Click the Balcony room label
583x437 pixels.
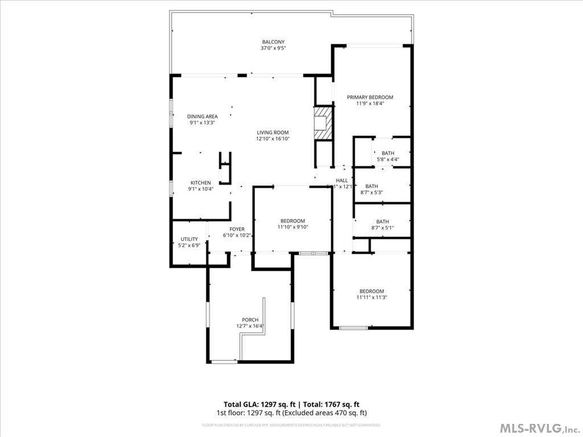pyautogui.click(x=273, y=42)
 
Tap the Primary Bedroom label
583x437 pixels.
pyautogui.click(x=370, y=97)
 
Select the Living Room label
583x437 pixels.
pyautogui.click(x=273, y=133)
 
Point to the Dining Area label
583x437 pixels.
pyautogui.click(x=202, y=116)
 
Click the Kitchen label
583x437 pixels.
pyautogui.click(x=200, y=183)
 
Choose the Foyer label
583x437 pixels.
pyautogui.click(x=237, y=229)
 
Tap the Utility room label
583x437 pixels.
pyautogui.click(x=189, y=239)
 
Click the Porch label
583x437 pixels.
pyautogui.click(x=250, y=320)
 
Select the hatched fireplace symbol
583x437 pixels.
pyautogui.click(x=323, y=122)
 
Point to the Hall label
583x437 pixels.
pyautogui.click(x=342, y=180)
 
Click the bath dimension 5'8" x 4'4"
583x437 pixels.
pyautogui.click(x=388, y=159)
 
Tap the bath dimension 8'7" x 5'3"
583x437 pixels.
pyautogui.click(x=371, y=192)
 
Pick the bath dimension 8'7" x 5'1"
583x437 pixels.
pyautogui.click(x=383, y=228)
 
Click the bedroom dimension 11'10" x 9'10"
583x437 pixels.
pyautogui.click(x=292, y=227)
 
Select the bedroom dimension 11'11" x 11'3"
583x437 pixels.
pyautogui.click(x=371, y=297)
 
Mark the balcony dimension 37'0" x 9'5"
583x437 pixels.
pyautogui.click(x=273, y=48)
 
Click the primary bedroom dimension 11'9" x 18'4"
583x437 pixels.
pyautogui.click(x=370, y=104)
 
